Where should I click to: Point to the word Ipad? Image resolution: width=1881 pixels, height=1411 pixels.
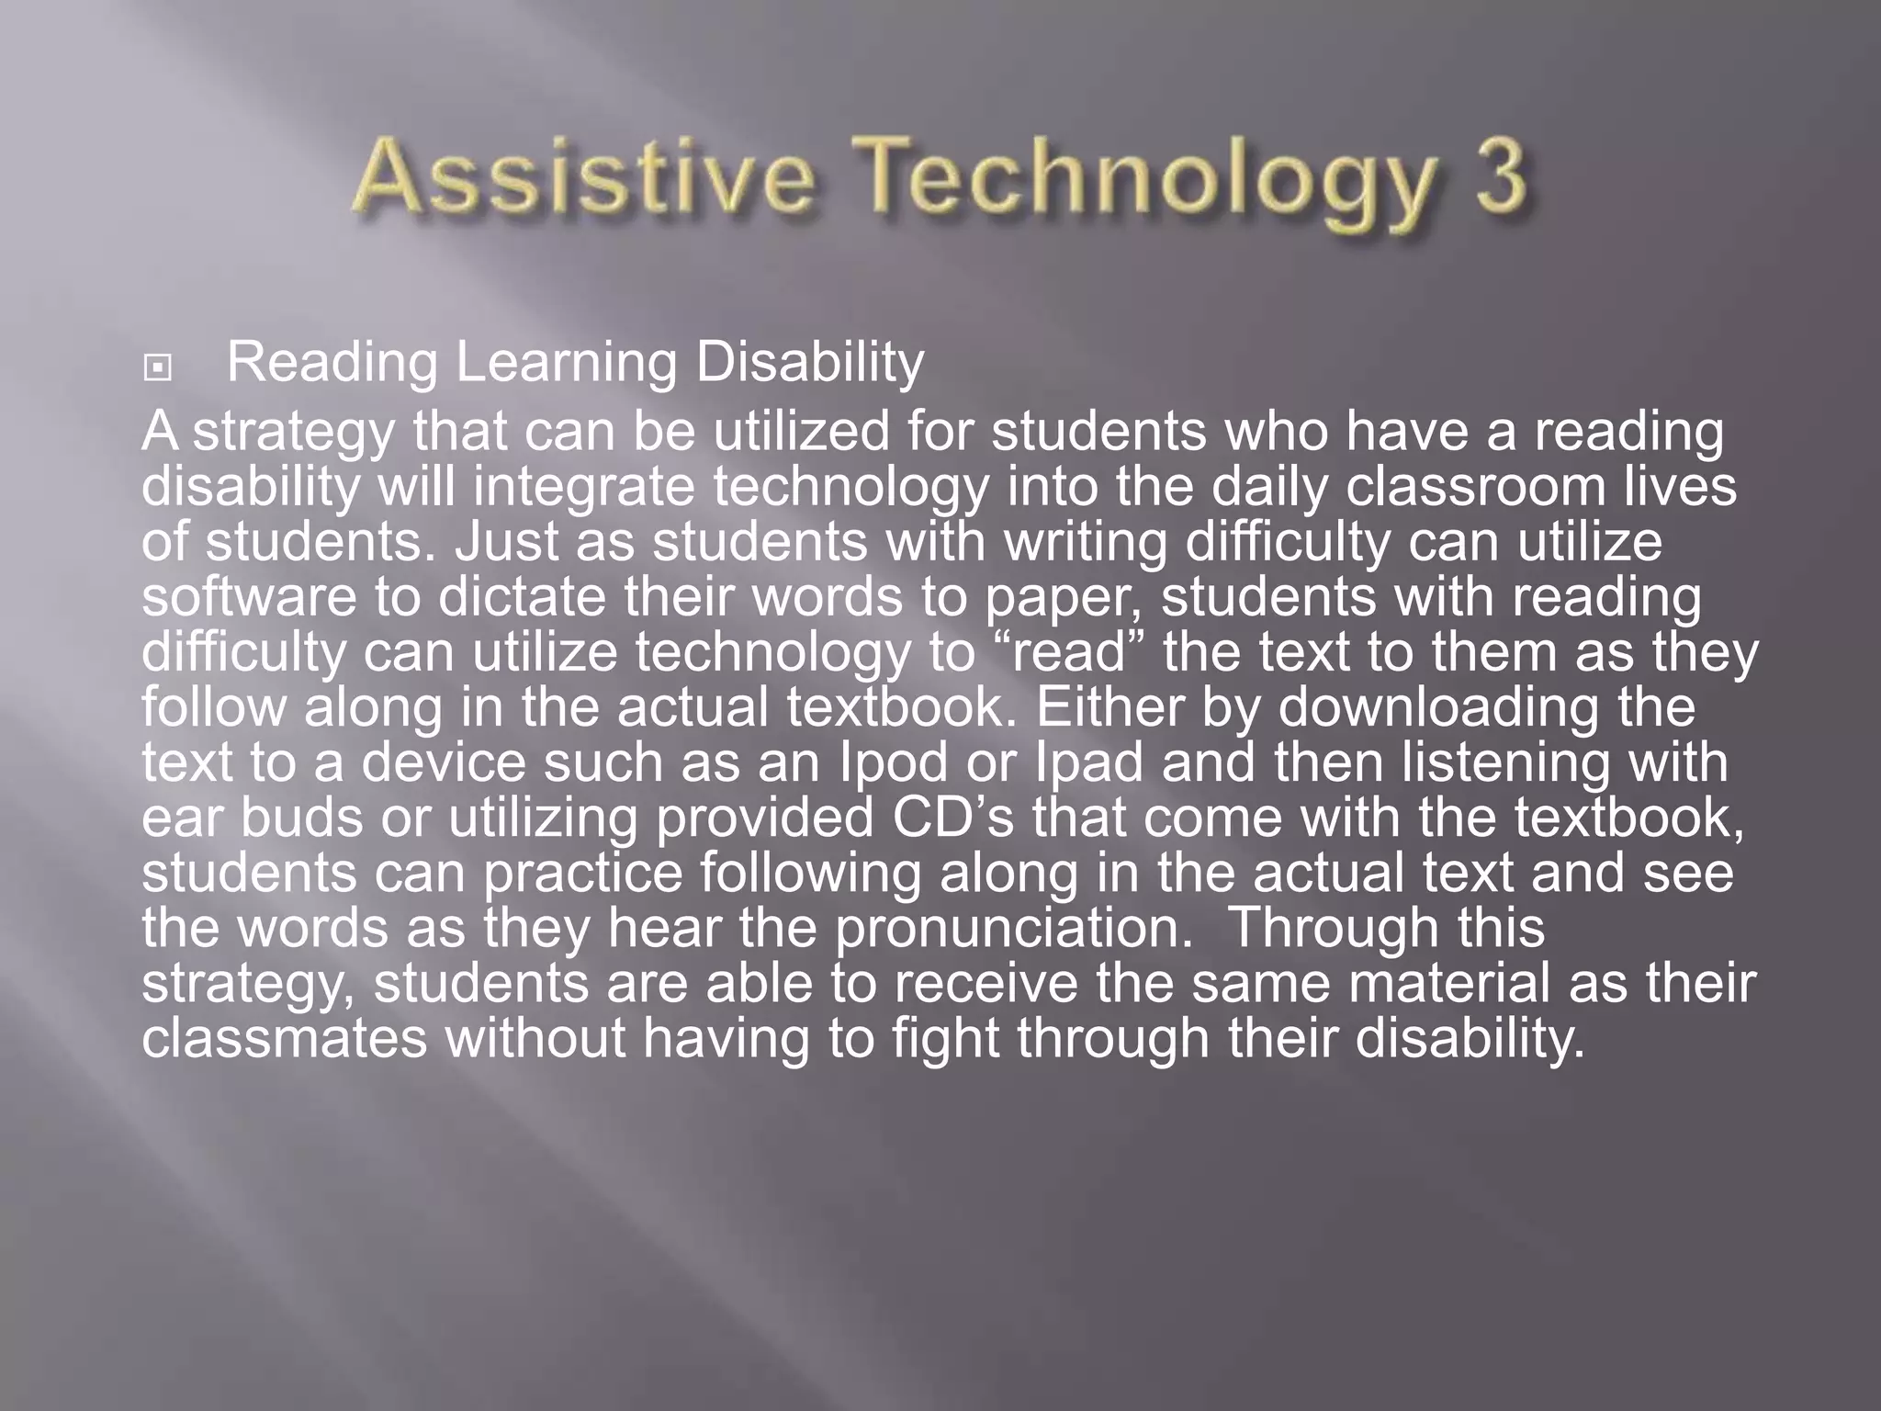pyautogui.click(x=1089, y=762)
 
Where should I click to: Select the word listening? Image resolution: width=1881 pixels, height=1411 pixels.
pyautogui.click(x=1502, y=762)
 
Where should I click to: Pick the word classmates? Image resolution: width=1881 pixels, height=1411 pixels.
pyautogui.click(x=285, y=1038)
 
